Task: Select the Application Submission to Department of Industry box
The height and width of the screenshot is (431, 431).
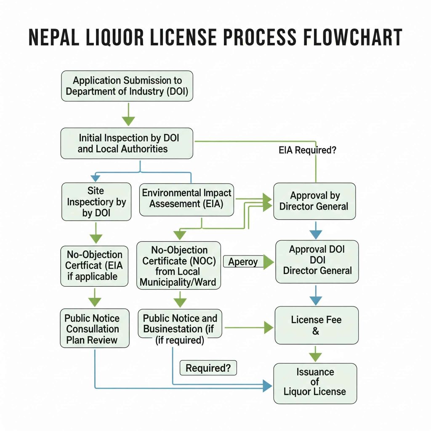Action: [x=127, y=86]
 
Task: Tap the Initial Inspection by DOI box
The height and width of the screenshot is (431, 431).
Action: [x=127, y=143]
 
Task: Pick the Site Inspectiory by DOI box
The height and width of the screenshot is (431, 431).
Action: [x=96, y=202]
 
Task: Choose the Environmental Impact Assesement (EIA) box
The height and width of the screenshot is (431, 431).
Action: [x=186, y=198]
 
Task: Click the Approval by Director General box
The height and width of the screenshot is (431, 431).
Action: [x=314, y=201]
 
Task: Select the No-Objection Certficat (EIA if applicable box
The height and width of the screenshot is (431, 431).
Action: [x=95, y=266]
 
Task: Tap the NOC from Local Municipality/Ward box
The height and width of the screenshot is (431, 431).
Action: [x=179, y=266]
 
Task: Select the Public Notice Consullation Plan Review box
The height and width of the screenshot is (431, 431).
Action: [x=95, y=329]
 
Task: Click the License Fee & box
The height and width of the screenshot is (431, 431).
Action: [x=316, y=325]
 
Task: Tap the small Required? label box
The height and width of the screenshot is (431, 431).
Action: [x=208, y=368]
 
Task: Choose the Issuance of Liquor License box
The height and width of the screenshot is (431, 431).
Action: [x=315, y=382]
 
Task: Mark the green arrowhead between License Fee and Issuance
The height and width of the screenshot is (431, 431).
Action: [x=316, y=356]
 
